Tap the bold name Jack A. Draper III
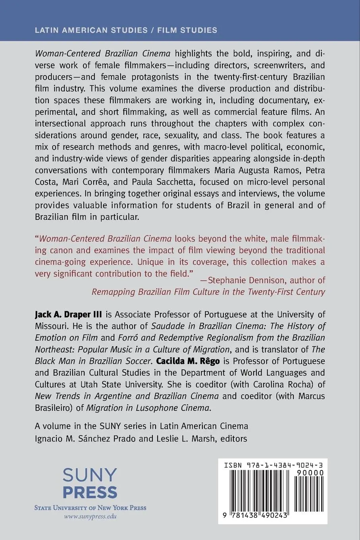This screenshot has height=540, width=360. pyautogui.click(x=68, y=314)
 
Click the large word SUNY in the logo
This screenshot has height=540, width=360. pyautogui.click(x=90, y=475)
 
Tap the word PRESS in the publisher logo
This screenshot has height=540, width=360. pyautogui.click(x=90, y=492)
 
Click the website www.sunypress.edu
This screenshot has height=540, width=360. pyautogui.click(x=90, y=517)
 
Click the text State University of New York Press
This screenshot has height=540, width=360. pyautogui.click(x=90, y=507)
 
